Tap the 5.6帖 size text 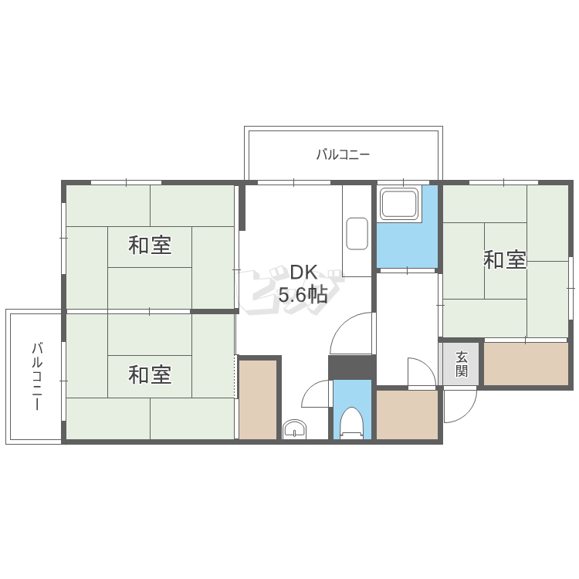pyautogui.click(x=303, y=294)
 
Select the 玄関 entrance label pyautogui.click(x=461, y=364)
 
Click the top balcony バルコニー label pyautogui.click(x=343, y=154)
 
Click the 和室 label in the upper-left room pyautogui.click(x=150, y=245)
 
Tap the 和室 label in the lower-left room pyautogui.click(x=150, y=375)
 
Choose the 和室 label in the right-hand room pyautogui.click(x=505, y=260)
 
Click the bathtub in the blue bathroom pyautogui.click(x=399, y=205)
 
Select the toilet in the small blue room pyautogui.click(x=352, y=422)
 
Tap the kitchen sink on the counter pyautogui.click(x=357, y=233)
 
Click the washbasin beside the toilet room pyautogui.click(x=294, y=428)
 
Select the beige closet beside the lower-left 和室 pyautogui.click(x=258, y=399)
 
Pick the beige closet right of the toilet pyautogui.click(x=407, y=415)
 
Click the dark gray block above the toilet pyautogui.click(x=351, y=367)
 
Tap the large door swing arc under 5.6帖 pyautogui.click(x=351, y=334)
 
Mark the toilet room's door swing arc pyautogui.click(x=317, y=395)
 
